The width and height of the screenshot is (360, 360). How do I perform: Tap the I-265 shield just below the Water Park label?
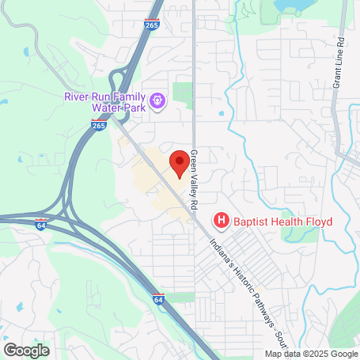pos(98,123)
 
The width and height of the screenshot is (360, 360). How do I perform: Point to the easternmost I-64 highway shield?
pos(159,300)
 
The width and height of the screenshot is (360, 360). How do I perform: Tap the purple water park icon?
pos(157,100)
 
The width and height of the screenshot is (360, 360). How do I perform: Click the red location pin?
pos(180,163)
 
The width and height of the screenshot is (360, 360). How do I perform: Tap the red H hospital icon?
pos(222,221)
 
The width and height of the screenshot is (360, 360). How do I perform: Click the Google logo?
pos(26,350)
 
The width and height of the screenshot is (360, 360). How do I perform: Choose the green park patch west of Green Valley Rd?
pos(183,94)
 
